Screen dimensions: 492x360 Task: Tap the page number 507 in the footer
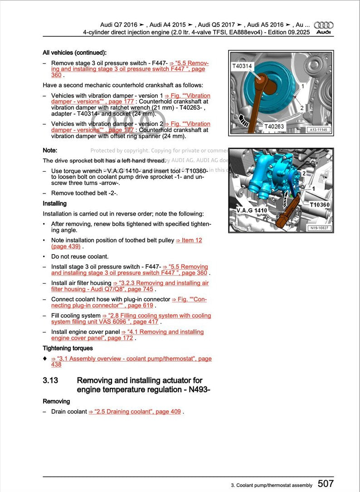click(326, 484)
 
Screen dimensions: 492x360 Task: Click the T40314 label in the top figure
click(242, 66)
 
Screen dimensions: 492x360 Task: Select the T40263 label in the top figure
click(275, 127)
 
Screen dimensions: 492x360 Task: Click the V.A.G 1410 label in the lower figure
click(252, 211)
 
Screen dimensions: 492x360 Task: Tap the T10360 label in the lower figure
click(320, 205)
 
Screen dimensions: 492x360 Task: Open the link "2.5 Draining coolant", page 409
click(135, 412)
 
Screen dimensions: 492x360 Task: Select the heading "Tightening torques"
click(68, 348)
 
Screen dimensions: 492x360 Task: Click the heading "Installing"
click(54, 203)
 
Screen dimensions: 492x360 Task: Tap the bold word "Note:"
click(50, 150)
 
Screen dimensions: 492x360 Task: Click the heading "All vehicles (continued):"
click(74, 53)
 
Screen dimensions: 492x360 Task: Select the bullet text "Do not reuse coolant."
click(79, 256)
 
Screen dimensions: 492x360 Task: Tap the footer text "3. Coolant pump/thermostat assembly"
click(272, 485)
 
